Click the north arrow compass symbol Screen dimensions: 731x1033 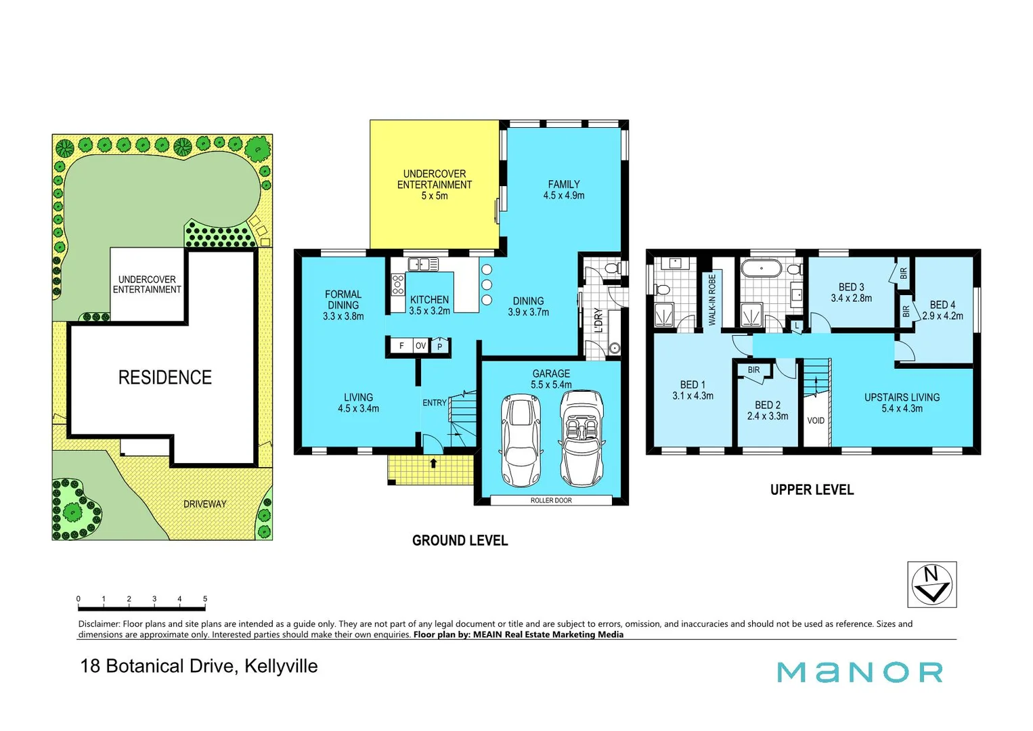coord(931,584)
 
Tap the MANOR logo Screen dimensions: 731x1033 coord(860,672)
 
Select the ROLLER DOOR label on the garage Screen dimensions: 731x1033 coord(551,500)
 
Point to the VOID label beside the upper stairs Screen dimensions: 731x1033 coord(816,420)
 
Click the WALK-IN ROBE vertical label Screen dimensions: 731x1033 coord(712,300)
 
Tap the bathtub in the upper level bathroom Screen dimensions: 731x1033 coord(762,269)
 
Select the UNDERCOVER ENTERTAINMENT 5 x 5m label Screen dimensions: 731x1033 coord(435,184)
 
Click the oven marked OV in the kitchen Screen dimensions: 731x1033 coord(420,346)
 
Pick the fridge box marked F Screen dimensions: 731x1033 coord(401,346)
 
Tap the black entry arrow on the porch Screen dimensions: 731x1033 coord(433,464)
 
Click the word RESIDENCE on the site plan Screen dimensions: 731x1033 coord(164,377)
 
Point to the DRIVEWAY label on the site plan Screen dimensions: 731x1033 coord(204,504)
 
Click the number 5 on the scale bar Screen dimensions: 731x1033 coord(205,599)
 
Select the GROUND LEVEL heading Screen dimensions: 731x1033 coord(460,540)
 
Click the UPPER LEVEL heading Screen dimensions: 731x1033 coord(812,489)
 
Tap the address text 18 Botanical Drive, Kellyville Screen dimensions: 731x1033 coord(199,666)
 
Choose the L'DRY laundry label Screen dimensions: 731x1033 coord(598,320)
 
